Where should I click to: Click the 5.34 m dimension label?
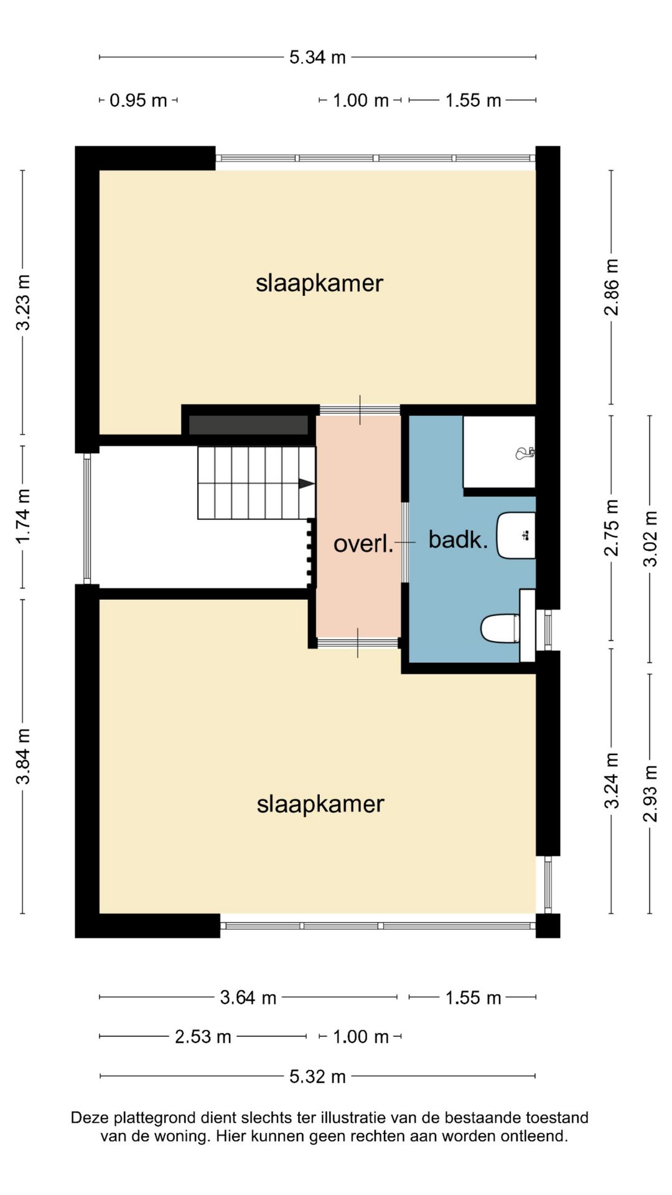[317, 57]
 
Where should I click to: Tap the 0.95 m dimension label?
[138, 100]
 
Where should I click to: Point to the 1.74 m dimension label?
[23, 516]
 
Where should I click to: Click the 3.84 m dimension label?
[23, 756]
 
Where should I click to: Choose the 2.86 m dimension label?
[612, 287]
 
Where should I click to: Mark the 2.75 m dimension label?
[612, 527]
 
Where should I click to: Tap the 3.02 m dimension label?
[650, 538]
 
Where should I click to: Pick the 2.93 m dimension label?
[650, 794]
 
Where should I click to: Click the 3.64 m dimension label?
[248, 998]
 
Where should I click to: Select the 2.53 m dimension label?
[203, 1037]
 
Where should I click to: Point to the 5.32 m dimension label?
[317, 1076]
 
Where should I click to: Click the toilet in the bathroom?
[501, 628]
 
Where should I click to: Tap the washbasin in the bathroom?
[516, 535]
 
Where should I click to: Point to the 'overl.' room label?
[364, 544]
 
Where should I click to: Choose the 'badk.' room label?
[459, 540]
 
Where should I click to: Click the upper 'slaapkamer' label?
[319, 283]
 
